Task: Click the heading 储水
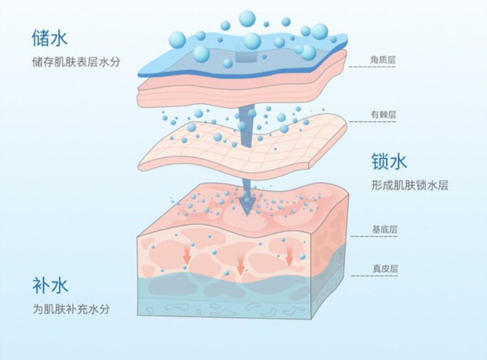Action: [49, 39]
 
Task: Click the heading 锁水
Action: [389, 161]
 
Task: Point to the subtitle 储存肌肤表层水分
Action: [76, 63]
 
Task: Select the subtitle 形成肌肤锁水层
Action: [410, 185]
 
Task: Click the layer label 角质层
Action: [383, 60]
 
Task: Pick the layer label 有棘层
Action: [383, 116]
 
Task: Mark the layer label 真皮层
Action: [384, 268]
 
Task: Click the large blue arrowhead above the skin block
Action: [247, 206]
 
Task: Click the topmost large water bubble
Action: [247, 18]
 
